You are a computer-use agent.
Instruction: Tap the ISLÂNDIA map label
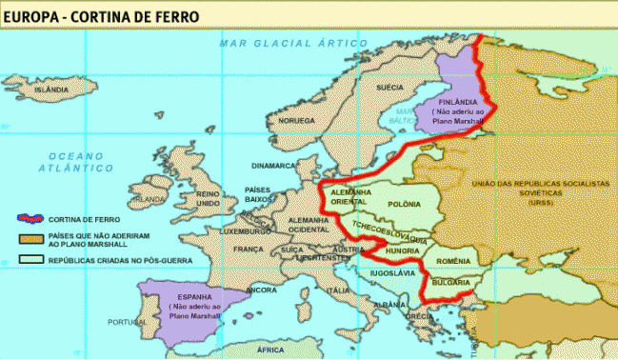(x=50, y=90)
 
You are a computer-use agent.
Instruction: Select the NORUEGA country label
(x=295, y=121)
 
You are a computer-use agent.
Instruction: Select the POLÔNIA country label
(x=405, y=205)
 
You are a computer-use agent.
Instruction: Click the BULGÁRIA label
(x=449, y=283)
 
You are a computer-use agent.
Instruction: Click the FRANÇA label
(x=249, y=249)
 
